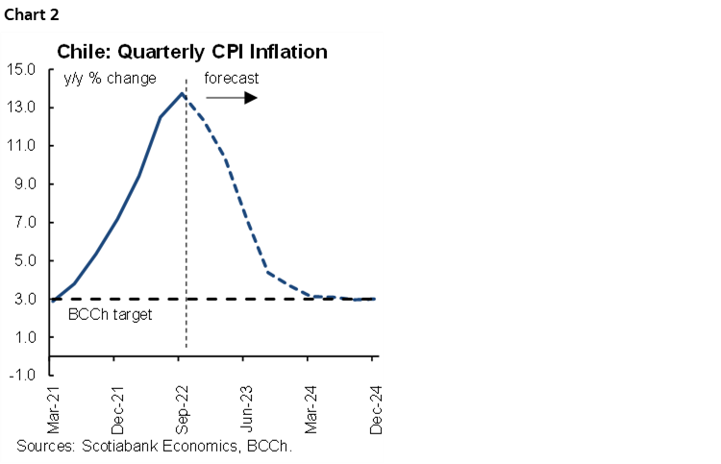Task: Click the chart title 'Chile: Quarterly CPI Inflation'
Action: pos(192,51)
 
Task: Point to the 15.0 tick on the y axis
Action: pos(21,69)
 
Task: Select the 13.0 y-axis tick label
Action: pos(21,108)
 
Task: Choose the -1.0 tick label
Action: pos(22,376)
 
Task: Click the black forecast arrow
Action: pos(232,98)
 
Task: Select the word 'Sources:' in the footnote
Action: pos(47,447)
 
